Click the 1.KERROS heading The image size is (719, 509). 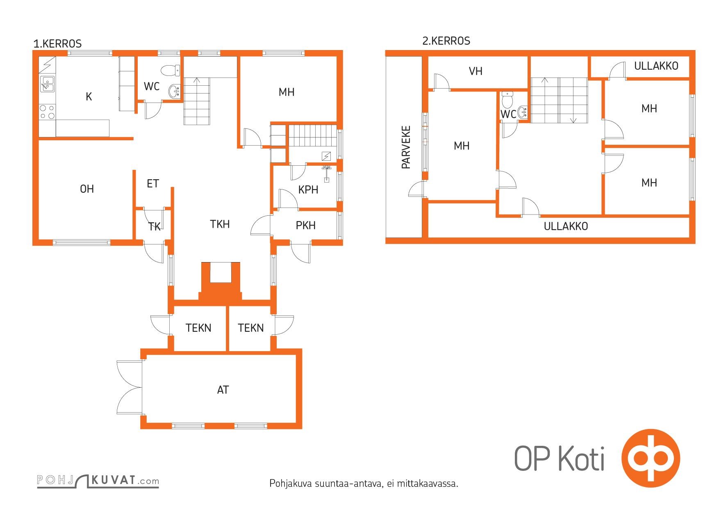(57, 43)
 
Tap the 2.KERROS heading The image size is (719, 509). (446, 41)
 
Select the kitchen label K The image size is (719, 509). (89, 97)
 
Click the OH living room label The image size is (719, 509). (87, 189)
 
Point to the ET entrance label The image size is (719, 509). (153, 183)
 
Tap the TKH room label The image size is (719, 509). (220, 224)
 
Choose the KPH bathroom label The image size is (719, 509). (308, 189)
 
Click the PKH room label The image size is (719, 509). (306, 225)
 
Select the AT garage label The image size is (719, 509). (223, 390)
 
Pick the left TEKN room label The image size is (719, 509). (198, 328)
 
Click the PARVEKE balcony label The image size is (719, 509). (406, 147)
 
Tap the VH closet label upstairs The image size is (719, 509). (476, 71)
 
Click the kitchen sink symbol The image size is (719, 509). (47, 84)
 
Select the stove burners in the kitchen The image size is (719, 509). (47, 112)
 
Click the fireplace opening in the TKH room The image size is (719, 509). (221, 273)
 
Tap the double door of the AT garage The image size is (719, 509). (130, 388)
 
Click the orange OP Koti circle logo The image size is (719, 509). (651, 458)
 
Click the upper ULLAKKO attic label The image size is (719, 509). (656, 66)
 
